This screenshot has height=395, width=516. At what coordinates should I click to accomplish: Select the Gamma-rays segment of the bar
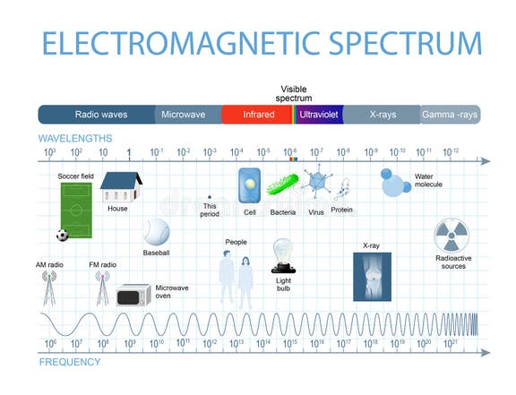point(451,115)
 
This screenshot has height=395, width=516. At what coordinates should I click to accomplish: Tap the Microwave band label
point(183,115)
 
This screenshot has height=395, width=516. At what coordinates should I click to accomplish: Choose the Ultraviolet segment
point(320,115)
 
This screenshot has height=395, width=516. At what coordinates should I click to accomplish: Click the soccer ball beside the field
point(62,236)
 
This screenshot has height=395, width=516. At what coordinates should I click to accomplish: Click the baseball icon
point(156,233)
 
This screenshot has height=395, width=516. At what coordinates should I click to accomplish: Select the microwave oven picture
point(133,295)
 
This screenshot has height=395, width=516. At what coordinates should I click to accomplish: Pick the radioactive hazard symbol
point(451,237)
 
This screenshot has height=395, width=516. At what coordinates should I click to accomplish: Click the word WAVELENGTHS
point(75,138)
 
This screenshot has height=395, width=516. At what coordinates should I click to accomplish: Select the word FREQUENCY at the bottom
point(69,363)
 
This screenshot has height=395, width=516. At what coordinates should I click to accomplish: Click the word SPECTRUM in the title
point(388,43)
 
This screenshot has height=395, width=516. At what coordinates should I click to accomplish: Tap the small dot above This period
point(209,196)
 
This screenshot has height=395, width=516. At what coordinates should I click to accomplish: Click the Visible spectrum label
point(293,93)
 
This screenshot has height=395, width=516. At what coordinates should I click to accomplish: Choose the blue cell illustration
point(249,185)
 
